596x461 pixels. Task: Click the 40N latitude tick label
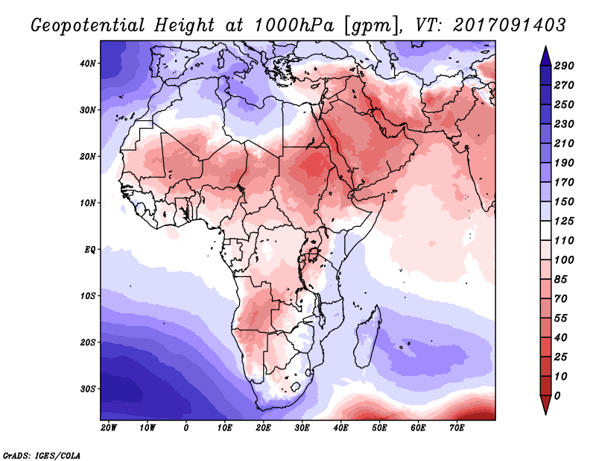pos(88,63)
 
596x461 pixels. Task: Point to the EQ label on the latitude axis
pos(89,248)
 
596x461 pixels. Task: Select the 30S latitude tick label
pos(88,389)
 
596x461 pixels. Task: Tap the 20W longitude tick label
pos(109,428)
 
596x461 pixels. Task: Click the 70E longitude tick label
pos(457,428)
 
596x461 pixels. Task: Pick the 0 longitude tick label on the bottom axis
pos(186,428)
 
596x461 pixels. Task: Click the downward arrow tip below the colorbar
pos(545,410)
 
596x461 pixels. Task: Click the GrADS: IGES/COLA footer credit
pos(41,454)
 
